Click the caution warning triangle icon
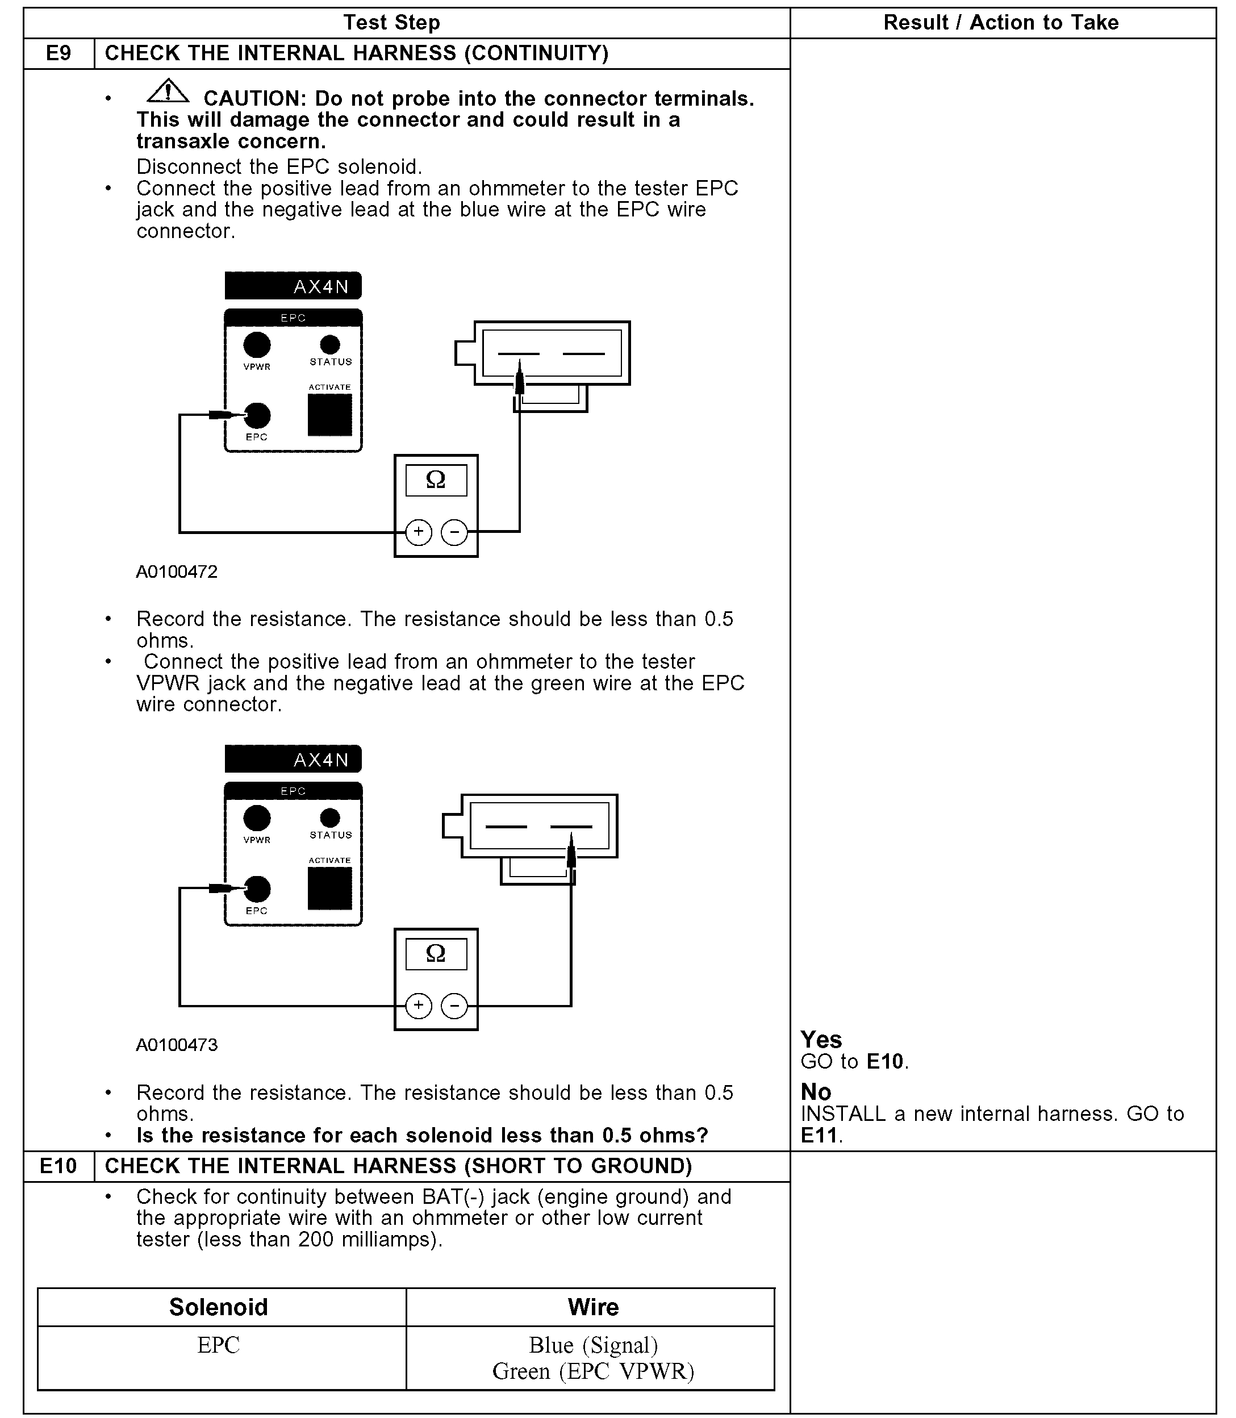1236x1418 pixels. tap(168, 91)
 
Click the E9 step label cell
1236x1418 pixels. tap(59, 53)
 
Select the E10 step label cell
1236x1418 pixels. tap(59, 1166)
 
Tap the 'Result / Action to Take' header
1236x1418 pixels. tap(1001, 23)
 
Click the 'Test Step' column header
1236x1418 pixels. tap(392, 23)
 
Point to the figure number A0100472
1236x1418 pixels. tap(177, 572)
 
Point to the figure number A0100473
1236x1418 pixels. tap(177, 1045)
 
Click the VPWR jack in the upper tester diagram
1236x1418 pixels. tap(257, 345)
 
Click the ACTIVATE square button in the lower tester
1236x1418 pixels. tap(329, 889)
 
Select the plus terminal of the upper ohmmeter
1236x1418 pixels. tap(419, 532)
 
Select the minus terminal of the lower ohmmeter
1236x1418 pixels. tap(454, 1006)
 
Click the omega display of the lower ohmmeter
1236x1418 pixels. tap(436, 954)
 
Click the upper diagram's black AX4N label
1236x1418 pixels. tap(293, 286)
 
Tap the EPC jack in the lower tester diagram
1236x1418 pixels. tap(257, 890)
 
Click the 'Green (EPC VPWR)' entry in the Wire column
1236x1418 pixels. tap(593, 1370)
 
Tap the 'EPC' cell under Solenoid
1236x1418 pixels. tap(218, 1345)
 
